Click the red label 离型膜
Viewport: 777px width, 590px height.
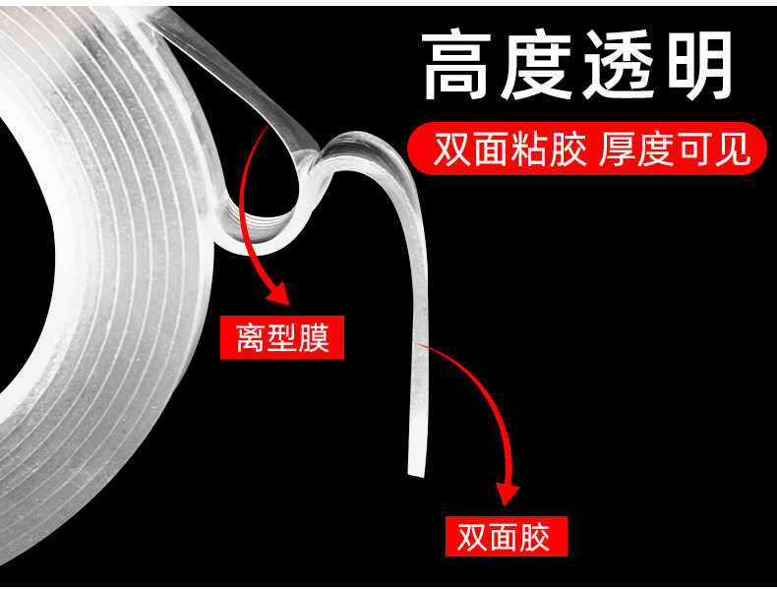click(282, 339)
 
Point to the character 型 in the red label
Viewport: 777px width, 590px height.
click(282, 339)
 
